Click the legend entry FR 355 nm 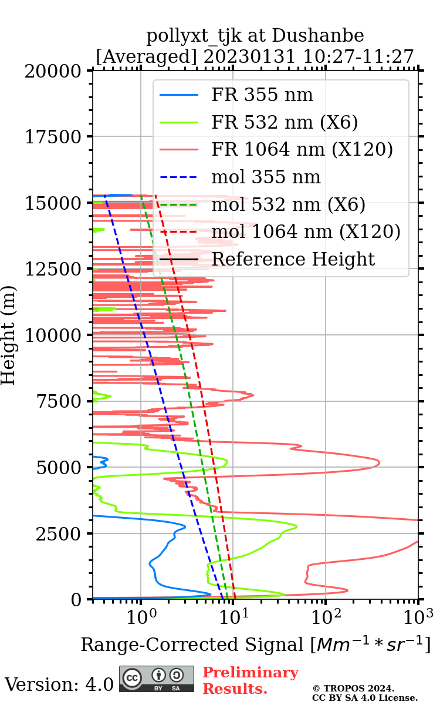(x=262, y=95)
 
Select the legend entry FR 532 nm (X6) (x=285, y=122)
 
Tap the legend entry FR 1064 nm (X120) (x=302, y=150)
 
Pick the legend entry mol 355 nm (x=266, y=177)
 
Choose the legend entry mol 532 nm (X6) (x=288, y=204)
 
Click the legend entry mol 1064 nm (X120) (x=306, y=231)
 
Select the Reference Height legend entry (x=293, y=259)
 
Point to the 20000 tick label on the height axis (x=54, y=71)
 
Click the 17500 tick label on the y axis (x=54, y=137)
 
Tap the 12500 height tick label (x=54, y=269)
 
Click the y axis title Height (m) (x=9, y=335)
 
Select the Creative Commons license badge (x=157, y=678)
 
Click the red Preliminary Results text (x=250, y=680)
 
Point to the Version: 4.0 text (x=59, y=684)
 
